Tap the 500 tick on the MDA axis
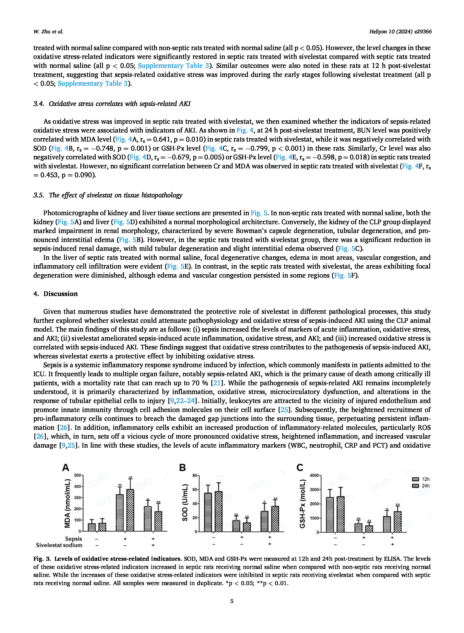pos(77,475)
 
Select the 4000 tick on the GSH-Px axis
pos(314,475)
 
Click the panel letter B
pos(182,467)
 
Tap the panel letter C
pos(300,467)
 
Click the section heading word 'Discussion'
pos(60,294)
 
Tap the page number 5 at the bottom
pos(232,601)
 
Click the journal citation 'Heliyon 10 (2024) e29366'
pos(400,32)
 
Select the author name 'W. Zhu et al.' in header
pos(48,32)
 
